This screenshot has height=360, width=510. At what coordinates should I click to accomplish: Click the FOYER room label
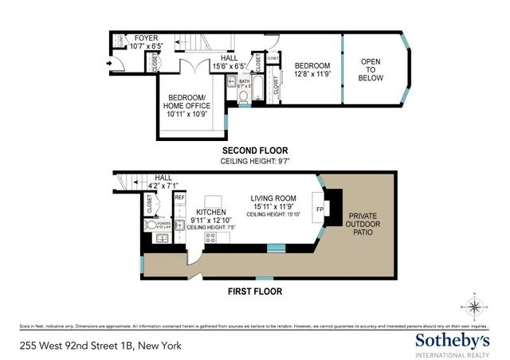pos(146,38)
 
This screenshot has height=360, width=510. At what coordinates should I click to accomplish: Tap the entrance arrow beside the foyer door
pos(108,63)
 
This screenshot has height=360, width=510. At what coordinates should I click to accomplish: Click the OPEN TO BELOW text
pos(371,70)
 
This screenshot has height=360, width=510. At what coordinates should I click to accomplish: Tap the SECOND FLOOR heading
pos(254,151)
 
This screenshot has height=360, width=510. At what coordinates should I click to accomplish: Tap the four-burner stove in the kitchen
pos(213,237)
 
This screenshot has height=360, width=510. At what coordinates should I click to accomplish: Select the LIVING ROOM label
pos(273,198)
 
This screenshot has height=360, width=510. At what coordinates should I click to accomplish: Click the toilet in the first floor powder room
pos(153,226)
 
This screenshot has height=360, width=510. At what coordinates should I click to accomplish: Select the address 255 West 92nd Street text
pos(100,346)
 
